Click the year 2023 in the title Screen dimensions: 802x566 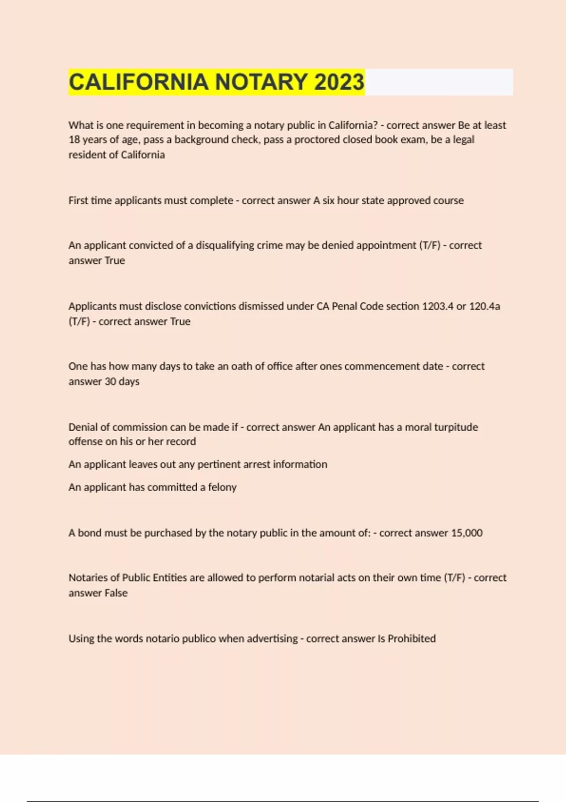point(339,82)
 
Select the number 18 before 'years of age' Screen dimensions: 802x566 point(74,140)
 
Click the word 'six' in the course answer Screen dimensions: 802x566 point(328,200)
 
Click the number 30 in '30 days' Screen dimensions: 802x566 point(110,381)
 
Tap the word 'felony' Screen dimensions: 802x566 point(222,487)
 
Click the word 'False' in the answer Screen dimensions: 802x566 point(116,593)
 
